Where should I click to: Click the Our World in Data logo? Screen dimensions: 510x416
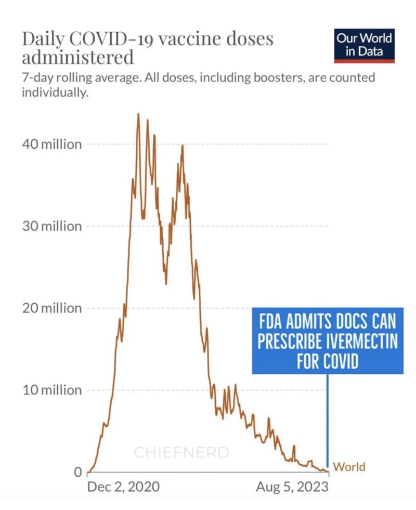(x=364, y=45)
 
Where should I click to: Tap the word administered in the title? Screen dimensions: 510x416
(x=77, y=57)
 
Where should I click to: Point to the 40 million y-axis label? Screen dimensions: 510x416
(x=51, y=144)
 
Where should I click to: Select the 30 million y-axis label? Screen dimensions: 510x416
(x=51, y=227)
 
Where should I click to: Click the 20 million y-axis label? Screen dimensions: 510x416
(x=51, y=308)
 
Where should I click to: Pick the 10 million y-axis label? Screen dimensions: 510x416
(x=51, y=390)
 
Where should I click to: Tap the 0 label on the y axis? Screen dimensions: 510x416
(x=77, y=473)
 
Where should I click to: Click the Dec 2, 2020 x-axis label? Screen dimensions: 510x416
(x=123, y=487)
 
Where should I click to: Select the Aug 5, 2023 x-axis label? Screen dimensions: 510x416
(x=292, y=487)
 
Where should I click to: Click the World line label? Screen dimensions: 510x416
(x=349, y=467)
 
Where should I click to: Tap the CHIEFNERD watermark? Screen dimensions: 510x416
(x=181, y=452)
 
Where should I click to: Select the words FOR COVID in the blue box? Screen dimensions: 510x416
(x=328, y=361)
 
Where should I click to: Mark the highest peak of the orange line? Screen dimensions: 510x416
(x=138, y=114)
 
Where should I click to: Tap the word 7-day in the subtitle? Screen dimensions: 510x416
(x=37, y=79)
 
